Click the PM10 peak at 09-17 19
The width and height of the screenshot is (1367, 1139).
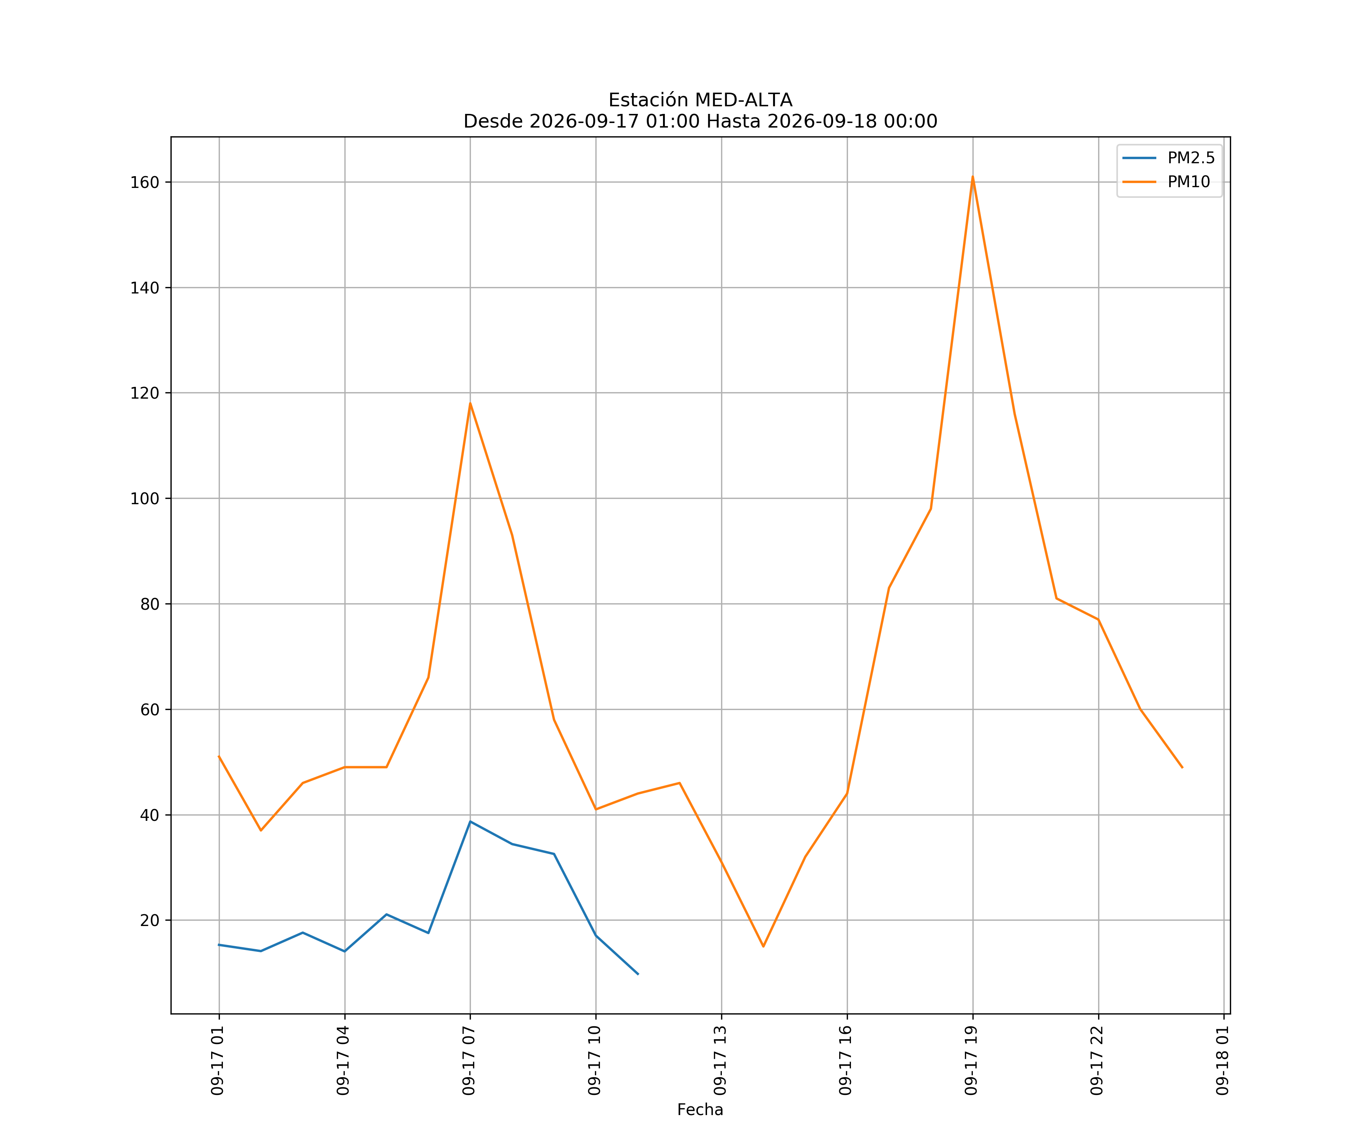pos(972,177)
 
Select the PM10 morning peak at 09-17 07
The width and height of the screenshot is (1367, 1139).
pos(470,403)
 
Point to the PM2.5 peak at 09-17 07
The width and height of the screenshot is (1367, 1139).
pos(470,821)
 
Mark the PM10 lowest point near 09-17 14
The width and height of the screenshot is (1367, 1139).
pos(764,947)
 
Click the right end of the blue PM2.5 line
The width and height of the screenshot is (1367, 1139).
pos(638,974)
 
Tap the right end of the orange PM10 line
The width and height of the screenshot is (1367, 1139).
pos(1182,767)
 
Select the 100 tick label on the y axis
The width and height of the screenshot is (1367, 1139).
pos(145,499)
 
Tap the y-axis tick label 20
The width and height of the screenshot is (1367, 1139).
pos(150,920)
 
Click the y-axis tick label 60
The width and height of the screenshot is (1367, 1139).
pos(150,710)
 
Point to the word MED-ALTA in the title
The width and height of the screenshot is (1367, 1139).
pos(744,100)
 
